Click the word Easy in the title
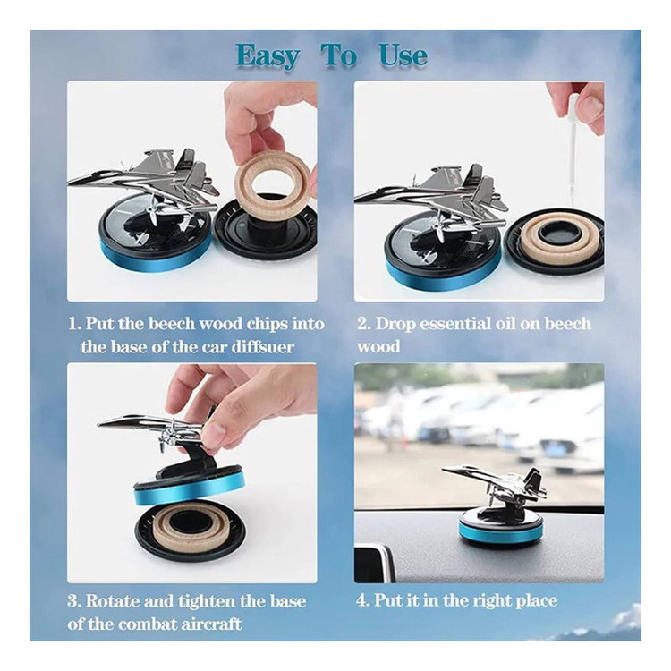click(x=268, y=56)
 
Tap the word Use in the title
click(x=403, y=56)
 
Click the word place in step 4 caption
click(x=536, y=602)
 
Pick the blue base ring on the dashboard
click(x=501, y=532)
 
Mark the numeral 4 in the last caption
click(x=362, y=600)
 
